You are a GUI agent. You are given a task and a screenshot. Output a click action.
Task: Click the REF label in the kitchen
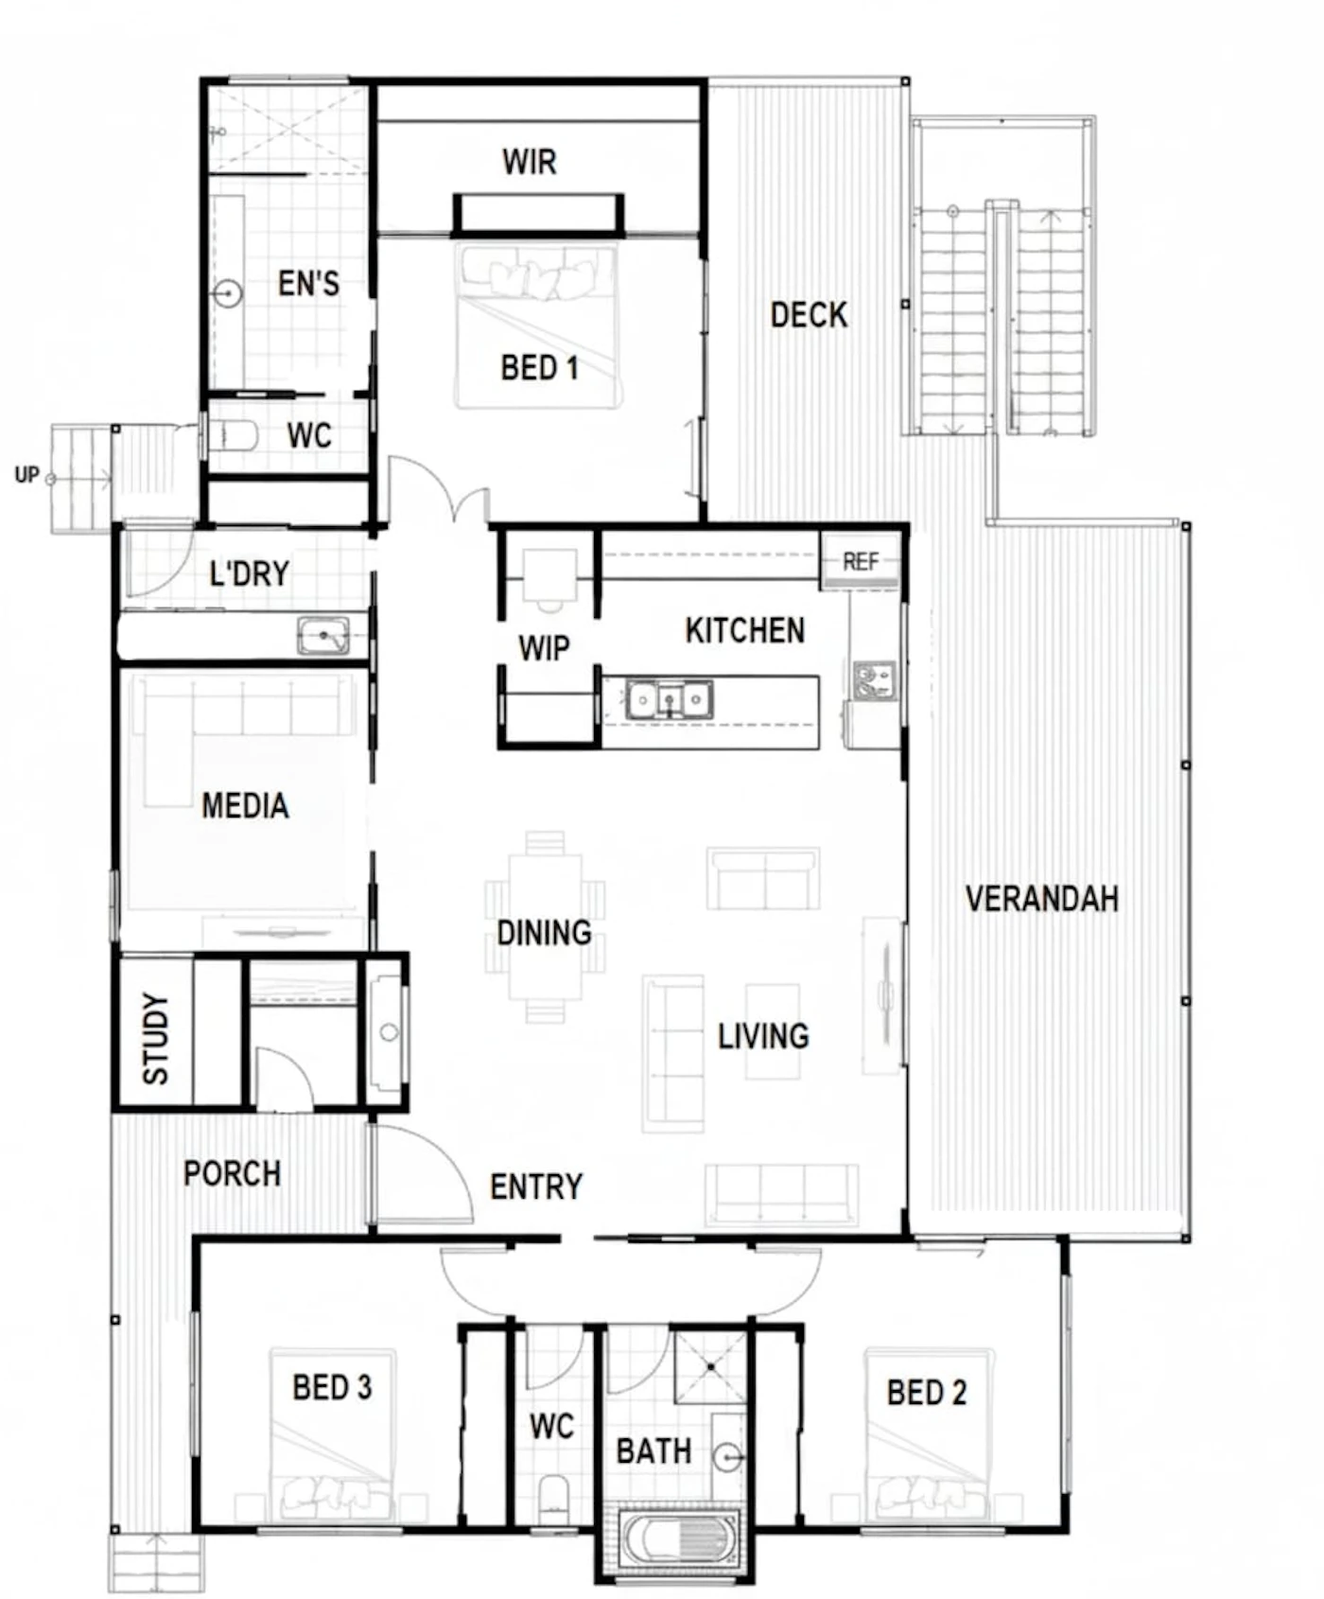[x=860, y=561]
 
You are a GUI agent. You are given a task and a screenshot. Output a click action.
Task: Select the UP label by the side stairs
[x=26, y=474]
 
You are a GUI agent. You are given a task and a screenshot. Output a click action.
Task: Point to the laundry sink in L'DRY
[x=322, y=636]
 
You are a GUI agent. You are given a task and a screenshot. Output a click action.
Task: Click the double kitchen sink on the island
[x=669, y=700]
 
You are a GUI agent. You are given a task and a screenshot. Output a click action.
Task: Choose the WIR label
[x=530, y=162]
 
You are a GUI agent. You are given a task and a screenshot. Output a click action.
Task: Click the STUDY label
[x=155, y=1038]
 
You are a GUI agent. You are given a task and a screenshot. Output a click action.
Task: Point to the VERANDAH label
[x=1041, y=899]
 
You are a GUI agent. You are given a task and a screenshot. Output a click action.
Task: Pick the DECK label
[x=809, y=315]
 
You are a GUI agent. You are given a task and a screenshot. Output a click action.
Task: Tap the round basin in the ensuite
[x=227, y=293]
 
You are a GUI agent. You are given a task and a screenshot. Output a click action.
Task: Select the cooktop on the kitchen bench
[x=874, y=680]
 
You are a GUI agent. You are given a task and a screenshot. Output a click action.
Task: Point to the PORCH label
[x=232, y=1174]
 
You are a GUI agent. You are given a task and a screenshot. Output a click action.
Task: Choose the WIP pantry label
[x=544, y=648]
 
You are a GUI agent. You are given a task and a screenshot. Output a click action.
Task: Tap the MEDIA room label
[x=245, y=806]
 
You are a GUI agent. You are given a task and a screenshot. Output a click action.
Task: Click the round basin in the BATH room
[x=727, y=1458]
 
